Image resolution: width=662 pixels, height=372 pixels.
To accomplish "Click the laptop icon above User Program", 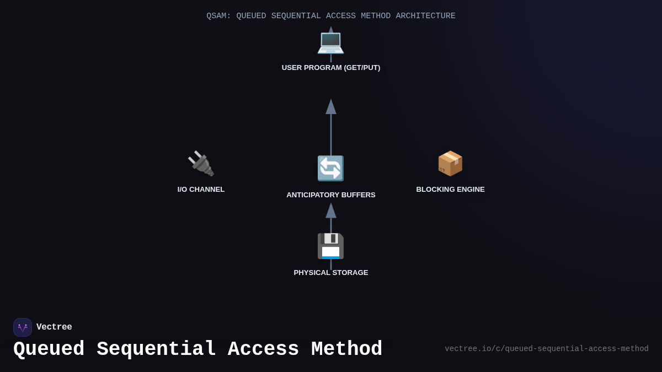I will tap(330, 42).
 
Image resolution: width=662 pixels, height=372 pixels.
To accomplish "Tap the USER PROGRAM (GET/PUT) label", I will tap(331, 68).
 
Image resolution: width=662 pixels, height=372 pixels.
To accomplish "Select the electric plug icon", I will tap(201, 164).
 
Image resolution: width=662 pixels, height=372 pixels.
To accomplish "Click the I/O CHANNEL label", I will tap(201, 190).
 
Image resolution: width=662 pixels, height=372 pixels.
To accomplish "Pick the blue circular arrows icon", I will tap(330, 169).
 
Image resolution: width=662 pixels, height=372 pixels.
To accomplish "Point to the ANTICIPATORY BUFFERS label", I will tap(331, 195).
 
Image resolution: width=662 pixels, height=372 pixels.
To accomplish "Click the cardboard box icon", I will tap(450, 164).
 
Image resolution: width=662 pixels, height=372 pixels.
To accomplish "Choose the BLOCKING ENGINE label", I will tap(450, 190).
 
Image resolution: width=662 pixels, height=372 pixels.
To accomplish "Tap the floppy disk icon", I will tap(330, 246).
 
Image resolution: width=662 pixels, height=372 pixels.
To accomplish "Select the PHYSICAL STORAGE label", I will tap(331, 273).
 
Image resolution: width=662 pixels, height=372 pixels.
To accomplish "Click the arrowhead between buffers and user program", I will tap(331, 107).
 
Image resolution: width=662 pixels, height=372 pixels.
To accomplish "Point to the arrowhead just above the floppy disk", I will tap(331, 211).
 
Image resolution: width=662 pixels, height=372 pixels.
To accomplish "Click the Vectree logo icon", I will tap(23, 327).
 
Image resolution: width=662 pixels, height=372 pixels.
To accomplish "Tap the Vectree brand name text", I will tap(54, 327).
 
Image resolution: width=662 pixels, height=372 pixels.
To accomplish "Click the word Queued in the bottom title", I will tap(49, 349).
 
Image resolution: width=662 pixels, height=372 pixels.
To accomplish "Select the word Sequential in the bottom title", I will tap(156, 349).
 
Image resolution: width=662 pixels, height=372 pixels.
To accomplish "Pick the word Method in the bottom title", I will tap(346, 349).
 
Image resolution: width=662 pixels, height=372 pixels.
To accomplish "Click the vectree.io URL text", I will tap(546, 349).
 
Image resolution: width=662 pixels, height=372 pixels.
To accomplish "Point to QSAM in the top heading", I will tap(218, 16).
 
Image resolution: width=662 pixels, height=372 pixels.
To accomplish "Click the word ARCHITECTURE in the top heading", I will tap(425, 16).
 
